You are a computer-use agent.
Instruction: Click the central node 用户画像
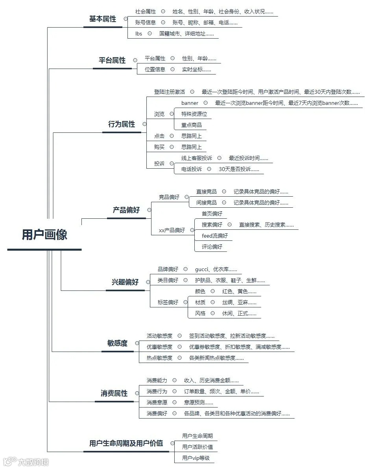(44, 235)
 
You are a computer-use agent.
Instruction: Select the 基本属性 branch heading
(103, 19)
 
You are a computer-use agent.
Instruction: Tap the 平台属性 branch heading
(112, 60)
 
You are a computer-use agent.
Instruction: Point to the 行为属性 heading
(122, 124)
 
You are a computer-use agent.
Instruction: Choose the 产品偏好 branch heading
(126, 210)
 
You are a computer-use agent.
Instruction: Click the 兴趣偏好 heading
(125, 282)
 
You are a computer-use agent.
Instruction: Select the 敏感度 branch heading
(117, 343)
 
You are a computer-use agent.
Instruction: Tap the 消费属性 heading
(114, 393)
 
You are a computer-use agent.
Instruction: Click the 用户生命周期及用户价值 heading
(126, 443)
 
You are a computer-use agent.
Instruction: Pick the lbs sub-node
(138, 34)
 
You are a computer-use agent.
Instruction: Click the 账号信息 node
(145, 23)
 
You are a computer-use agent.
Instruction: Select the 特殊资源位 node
(194, 114)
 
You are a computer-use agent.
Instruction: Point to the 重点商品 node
(192, 125)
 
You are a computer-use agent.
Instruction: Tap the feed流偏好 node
(214, 236)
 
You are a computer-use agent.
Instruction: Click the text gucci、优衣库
(216, 270)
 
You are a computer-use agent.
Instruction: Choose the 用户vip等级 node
(196, 458)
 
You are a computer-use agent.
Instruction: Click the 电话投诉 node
(192, 169)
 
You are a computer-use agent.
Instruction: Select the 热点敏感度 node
(159, 358)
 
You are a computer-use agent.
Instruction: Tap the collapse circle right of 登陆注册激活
(192, 92)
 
